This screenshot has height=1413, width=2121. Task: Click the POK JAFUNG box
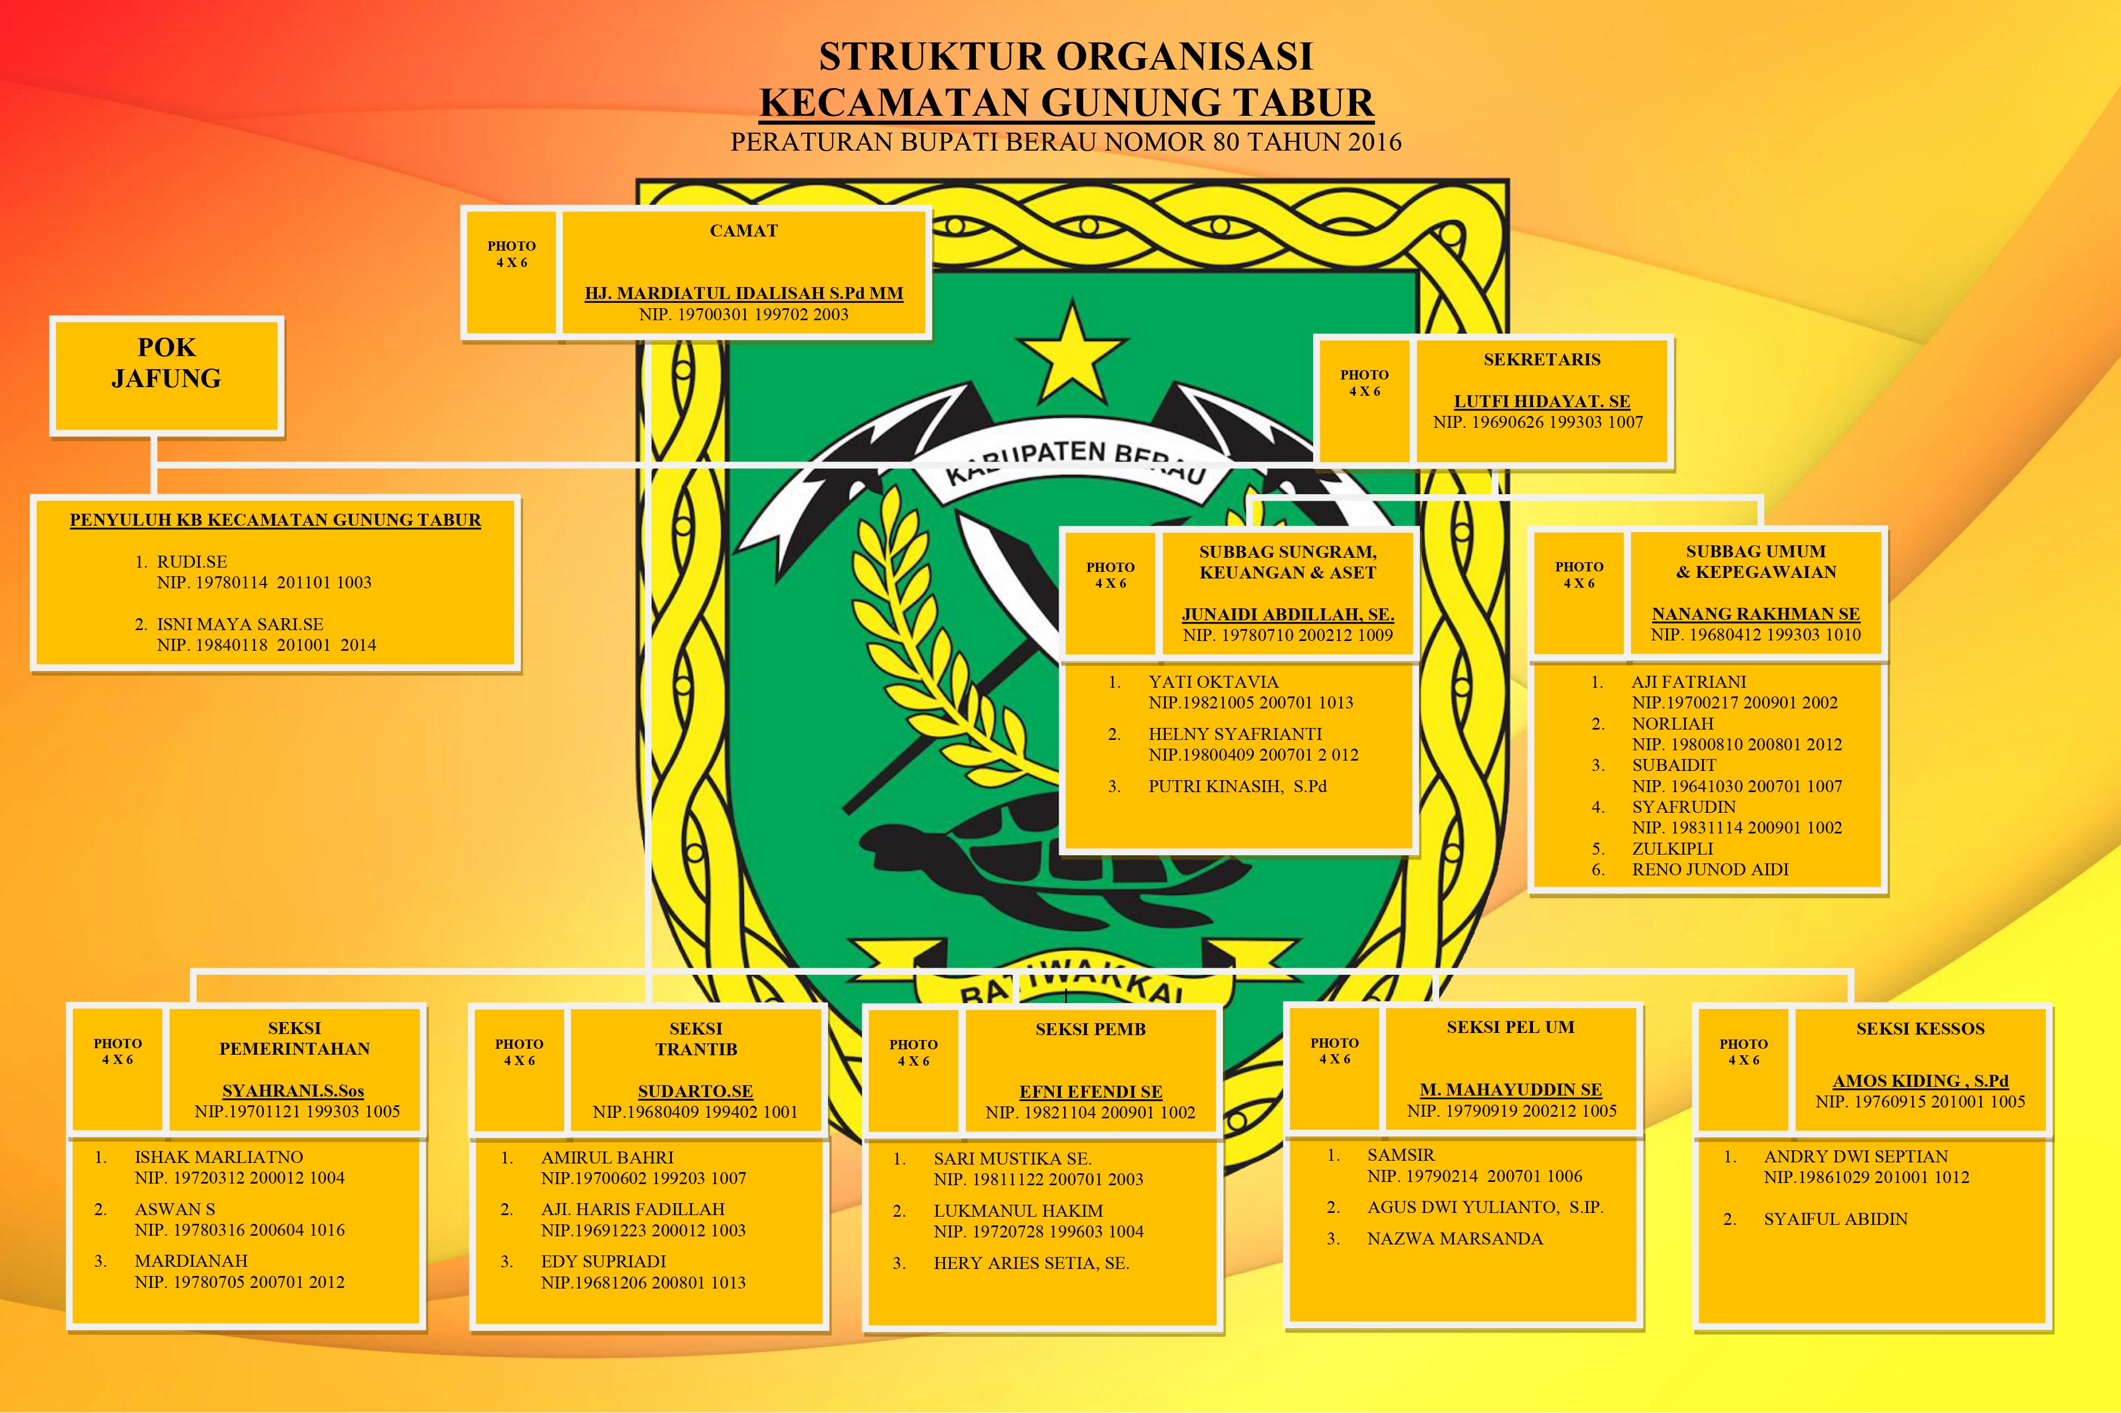(167, 375)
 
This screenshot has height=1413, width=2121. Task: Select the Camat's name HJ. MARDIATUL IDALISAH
(744, 293)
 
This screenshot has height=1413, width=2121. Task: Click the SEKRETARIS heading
(1542, 359)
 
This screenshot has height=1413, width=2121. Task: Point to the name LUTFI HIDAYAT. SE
(1542, 401)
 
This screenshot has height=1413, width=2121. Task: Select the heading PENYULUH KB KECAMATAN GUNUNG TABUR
(275, 520)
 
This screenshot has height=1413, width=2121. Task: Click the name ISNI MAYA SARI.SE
(240, 624)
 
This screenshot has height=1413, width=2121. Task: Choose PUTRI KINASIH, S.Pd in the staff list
(1236, 786)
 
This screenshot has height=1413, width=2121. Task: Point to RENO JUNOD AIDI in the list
(1709, 870)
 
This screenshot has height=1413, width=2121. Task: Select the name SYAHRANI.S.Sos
(293, 1091)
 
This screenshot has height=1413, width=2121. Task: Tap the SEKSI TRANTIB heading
(696, 1038)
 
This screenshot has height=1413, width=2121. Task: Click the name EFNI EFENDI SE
(1091, 1091)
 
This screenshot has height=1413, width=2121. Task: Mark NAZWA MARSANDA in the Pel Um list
(1454, 1238)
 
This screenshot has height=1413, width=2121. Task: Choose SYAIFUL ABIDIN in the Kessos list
(1835, 1218)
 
